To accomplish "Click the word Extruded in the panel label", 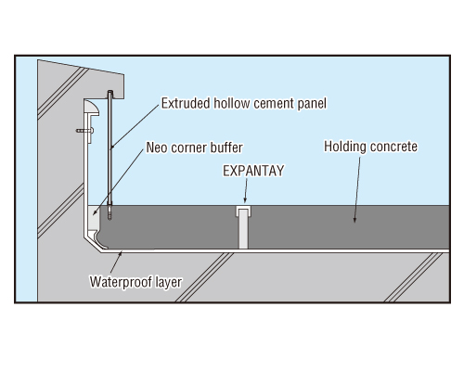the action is [186, 103].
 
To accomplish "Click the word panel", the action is [312, 104].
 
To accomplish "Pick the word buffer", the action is [226, 147].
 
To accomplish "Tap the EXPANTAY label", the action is [253, 171].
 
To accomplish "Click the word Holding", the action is [345, 147].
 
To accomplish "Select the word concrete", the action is [393, 147].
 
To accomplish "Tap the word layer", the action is [169, 283].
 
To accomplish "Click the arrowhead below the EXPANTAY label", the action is [245, 200].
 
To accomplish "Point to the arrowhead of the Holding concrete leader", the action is [354, 219].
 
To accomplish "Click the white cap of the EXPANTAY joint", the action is [243, 211].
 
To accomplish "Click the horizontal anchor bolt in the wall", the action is [84, 131].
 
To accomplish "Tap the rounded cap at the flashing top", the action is [92, 108].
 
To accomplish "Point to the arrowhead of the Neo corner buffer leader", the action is [95, 212].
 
